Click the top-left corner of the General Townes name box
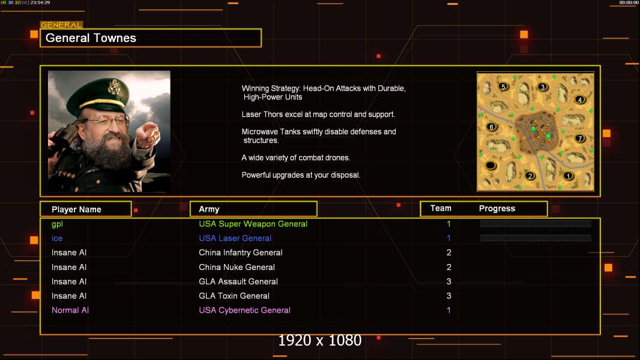40,29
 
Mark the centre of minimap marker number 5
503,86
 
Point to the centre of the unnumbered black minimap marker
491,166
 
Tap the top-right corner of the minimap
594,73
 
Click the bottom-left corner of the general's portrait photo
48,192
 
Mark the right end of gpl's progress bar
591,223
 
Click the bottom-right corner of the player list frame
600,334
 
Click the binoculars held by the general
62,139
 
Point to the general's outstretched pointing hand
148,134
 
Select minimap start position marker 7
579,139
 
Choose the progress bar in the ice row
536,238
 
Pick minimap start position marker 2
530,176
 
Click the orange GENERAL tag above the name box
61,25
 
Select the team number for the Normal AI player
448,310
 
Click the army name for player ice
235,238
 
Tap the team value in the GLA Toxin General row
448,296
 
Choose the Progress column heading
497,209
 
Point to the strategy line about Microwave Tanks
319,136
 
